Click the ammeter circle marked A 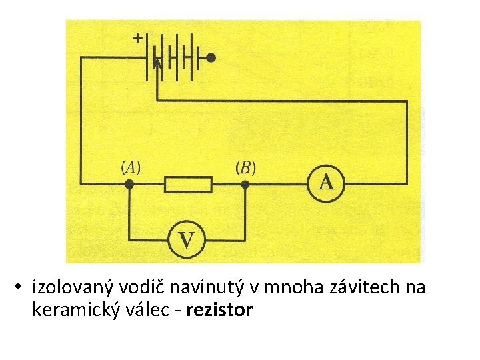(326, 182)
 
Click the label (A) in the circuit (129, 167)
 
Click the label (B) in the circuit (245, 167)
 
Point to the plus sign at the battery (137, 39)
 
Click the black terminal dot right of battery (211, 58)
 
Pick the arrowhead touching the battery (157, 64)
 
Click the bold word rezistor (220, 310)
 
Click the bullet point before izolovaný (21, 289)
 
